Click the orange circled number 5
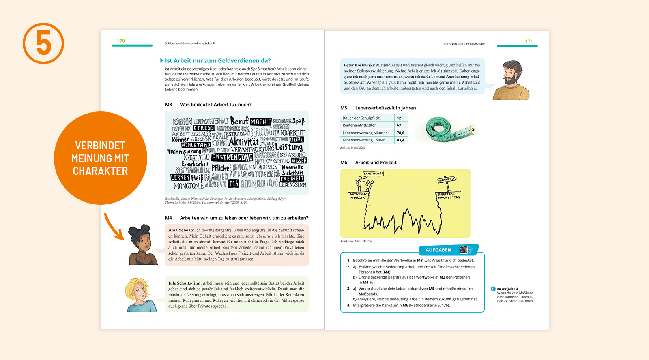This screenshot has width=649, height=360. [43, 43]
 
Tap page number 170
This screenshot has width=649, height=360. [121, 41]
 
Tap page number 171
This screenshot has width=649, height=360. [529, 41]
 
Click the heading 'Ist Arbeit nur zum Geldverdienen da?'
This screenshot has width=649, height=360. [217, 61]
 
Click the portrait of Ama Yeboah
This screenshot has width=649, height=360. [142, 245]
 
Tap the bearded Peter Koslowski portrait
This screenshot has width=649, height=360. [512, 80]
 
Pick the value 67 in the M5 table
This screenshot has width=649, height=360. [399, 125]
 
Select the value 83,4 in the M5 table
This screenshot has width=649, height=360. [400, 140]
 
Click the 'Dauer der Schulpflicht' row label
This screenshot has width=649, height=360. [362, 118]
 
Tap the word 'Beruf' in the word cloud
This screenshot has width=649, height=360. [239, 121]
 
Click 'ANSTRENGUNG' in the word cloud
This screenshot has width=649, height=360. [232, 157]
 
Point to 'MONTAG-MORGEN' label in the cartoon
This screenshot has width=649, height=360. [359, 196]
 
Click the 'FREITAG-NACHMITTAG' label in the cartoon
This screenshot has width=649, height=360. [449, 196]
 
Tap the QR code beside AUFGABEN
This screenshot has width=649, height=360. [464, 250]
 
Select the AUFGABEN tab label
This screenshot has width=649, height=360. [438, 250]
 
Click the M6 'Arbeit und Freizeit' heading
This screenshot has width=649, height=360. [376, 163]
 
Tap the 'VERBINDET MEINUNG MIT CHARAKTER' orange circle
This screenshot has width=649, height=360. [100, 158]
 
